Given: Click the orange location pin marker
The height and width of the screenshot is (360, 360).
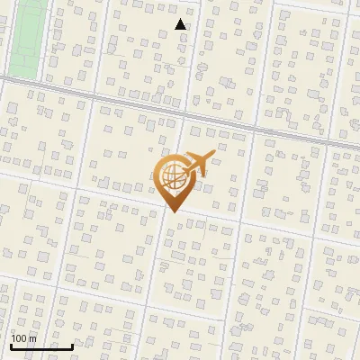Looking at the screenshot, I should point(175,180).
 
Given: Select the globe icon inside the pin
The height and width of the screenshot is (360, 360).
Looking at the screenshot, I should point(174,177).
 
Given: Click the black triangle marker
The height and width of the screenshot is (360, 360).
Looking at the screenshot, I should point(181,25).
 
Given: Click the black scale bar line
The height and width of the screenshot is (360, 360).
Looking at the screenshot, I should point(41,346).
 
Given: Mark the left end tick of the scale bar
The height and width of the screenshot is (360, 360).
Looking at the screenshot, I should point(11,346).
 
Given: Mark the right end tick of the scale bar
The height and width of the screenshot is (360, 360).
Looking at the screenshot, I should point(72,346).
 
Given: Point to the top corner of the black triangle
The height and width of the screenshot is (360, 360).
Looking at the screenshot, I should point(181,20).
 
